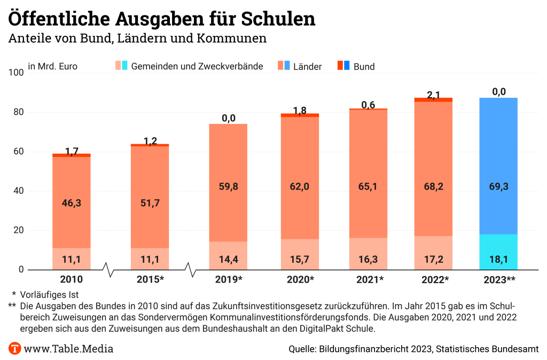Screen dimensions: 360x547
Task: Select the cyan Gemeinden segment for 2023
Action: [498, 252]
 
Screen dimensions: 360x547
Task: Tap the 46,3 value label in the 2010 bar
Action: [72, 203]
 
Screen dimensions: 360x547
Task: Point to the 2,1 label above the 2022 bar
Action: [434, 95]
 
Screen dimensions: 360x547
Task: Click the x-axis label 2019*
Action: [229, 279]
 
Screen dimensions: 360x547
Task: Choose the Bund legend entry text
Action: [364, 67]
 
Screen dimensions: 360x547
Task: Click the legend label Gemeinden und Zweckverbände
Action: [197, 67]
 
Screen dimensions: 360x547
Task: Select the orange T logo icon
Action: [15, 349]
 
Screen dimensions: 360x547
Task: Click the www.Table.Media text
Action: [68, 349]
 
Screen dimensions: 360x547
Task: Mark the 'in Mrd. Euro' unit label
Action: [53, 67]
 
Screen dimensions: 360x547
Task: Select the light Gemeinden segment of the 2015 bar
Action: [150, 259]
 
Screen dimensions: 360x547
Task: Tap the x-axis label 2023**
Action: [499, 279]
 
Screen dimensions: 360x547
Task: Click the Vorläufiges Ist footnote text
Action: [49, 294]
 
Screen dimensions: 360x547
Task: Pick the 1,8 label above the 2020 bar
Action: [300, 111]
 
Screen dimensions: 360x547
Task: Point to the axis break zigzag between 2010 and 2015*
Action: [111, 270]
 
